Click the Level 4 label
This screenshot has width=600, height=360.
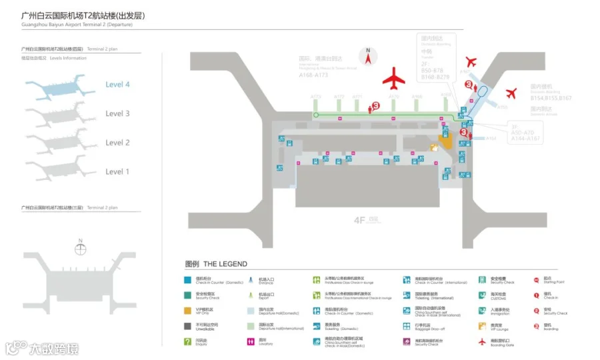tap(117, 85)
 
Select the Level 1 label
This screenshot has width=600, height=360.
tap(117, 171)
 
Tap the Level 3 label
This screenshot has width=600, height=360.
tap(117, 113)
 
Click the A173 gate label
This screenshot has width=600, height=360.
tap(316, 97)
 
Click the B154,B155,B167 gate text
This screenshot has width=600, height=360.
tap(551, 98)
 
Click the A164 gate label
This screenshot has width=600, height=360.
tap(491, 139)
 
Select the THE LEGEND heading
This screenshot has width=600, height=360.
tap(216, 264)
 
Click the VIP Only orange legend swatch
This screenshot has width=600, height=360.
tap(188, 311)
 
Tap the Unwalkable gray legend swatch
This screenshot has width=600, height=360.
tap(188, 326)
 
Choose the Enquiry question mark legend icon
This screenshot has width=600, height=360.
tap(188, 341)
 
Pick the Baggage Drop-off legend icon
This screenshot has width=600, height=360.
tap(407, 326)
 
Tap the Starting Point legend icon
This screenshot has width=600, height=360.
tap(537, 280)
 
